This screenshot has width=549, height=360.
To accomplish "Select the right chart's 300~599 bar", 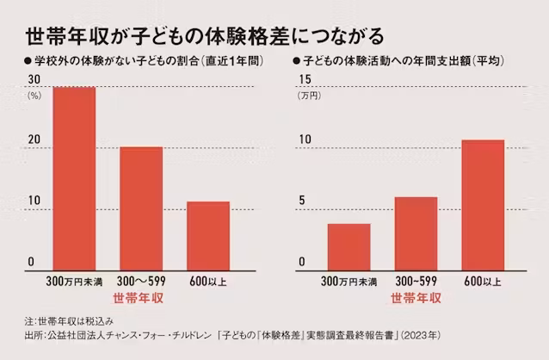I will [416, 233].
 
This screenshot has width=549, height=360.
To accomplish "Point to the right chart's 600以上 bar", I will [483, 204].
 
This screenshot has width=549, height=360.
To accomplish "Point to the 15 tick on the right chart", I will [305, 79].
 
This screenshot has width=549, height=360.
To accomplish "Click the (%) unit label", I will [37, 95].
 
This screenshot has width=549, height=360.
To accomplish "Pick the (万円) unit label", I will [308, 95].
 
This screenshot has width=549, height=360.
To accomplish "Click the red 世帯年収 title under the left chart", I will [139, 299].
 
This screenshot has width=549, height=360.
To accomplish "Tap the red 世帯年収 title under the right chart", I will [416, 299].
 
